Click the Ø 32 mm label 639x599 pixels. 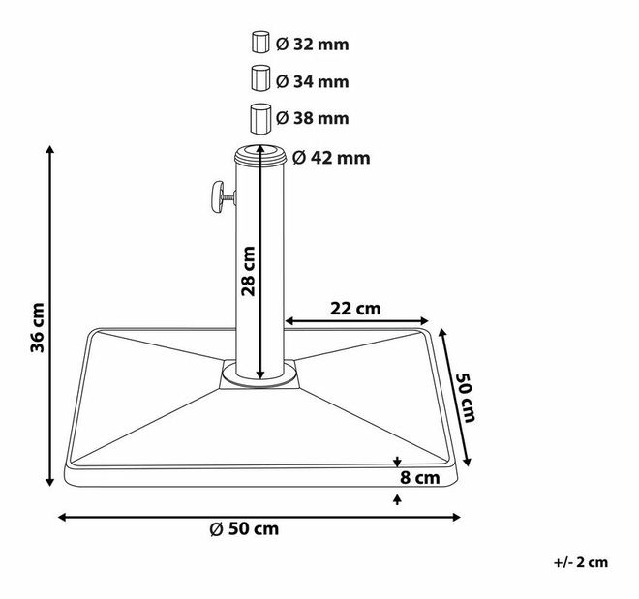click(312, 44)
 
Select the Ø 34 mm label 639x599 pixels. click(312, 80)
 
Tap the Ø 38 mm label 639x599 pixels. click(312, 118)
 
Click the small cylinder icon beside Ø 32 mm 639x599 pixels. click(259, 43)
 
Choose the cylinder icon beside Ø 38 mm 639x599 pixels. click(259, 117)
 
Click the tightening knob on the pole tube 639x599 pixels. click(215, 196)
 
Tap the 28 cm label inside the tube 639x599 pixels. click(249, 271)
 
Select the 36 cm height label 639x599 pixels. click(36, 327)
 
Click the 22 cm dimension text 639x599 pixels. click(355, 309)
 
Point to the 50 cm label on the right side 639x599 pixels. click(465, 398)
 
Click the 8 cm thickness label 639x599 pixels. click(421, 477)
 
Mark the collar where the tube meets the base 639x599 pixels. click(259, 375)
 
